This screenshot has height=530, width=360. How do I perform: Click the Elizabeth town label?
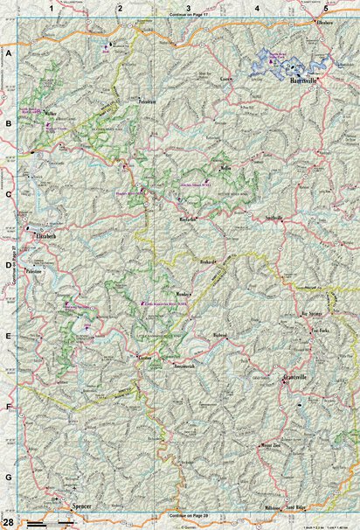click(x=45, y=236)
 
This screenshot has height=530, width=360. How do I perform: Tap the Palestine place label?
click(x=36, y=272)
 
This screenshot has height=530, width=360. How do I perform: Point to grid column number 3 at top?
click(x=188, y=8)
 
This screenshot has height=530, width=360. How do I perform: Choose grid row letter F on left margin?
click(x=9, y=407)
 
